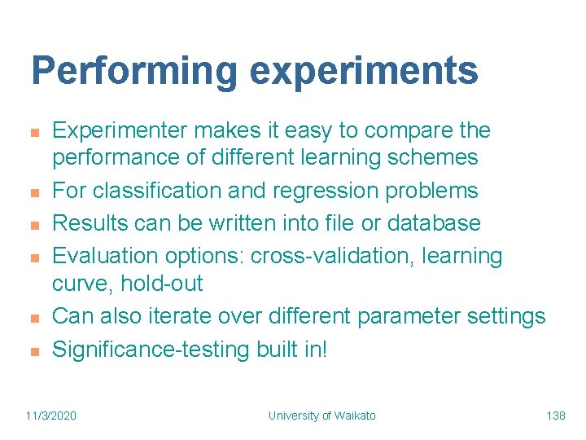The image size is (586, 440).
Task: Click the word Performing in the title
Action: [x=133, y=71]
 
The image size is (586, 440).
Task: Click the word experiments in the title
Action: [x=364, y=71]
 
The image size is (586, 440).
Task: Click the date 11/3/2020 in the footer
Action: [x=52, y=416]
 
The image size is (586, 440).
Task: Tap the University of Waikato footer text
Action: [x=322, y=416]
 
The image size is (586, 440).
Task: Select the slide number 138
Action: [x=556, y=416]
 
